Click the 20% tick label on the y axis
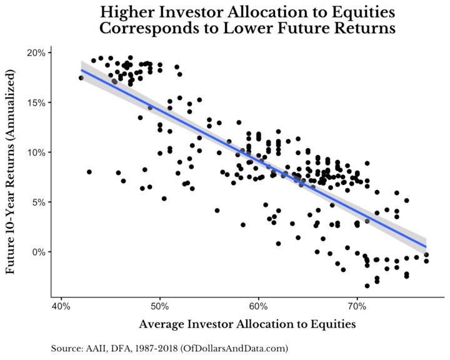(36, 52)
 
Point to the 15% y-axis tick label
(36, 102)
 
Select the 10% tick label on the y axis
(36, 152)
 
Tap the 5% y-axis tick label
(37, 202)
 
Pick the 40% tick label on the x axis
(61, 307)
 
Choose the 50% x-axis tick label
(160, 307)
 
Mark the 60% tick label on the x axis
(258, 307)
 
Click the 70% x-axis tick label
(356, 307)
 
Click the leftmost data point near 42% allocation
(81, 78)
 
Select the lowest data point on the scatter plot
(367, 286)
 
